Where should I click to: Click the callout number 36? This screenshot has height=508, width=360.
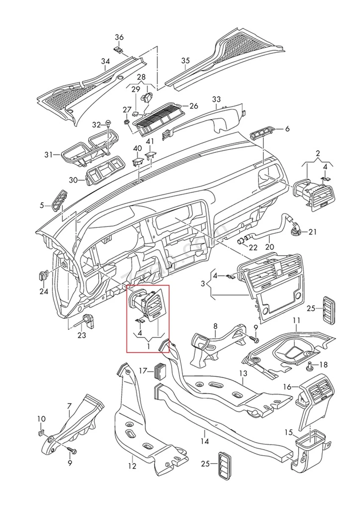[119, 37]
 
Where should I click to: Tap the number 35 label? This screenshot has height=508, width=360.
[186, 61]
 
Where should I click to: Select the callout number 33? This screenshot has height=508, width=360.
[216, 99]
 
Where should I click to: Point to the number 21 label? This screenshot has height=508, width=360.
[312, 232]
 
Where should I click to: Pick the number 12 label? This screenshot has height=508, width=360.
[132, 466]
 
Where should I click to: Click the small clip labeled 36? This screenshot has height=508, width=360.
[118, 50]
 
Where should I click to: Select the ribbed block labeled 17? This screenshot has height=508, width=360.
[160, 370]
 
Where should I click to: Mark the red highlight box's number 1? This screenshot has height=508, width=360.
[148, 347]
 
